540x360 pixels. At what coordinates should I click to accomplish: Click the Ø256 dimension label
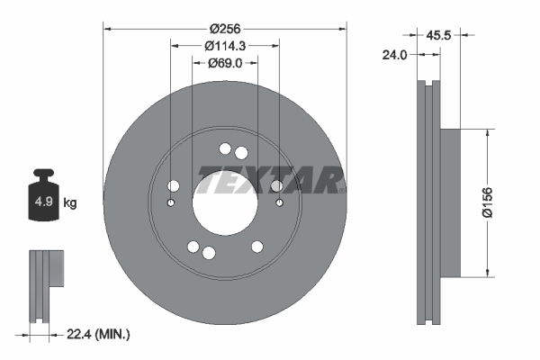[225, 12]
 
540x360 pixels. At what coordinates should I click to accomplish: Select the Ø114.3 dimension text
[225, 45]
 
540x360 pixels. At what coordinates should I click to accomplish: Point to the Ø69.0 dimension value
[225, 63]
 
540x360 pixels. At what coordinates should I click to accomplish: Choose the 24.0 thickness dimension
[395, 54]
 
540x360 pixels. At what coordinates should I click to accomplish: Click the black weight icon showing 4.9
[43, 199]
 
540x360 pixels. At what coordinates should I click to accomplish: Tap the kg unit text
[70, 203]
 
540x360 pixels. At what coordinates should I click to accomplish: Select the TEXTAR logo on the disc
[270, 183]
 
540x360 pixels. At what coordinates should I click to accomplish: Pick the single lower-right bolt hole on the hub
[257, 247]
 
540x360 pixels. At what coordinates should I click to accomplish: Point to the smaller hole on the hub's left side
[172, 203]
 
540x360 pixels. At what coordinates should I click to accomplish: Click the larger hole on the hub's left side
[174, 186]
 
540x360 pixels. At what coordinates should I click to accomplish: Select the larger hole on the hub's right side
[276, 186]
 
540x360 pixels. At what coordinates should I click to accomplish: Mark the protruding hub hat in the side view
[450, 203]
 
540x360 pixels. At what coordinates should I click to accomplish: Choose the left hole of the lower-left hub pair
[193, 247]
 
